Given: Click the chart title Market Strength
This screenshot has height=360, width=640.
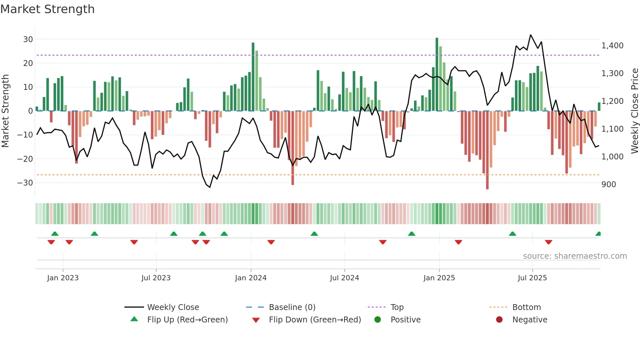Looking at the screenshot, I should (x=47, y=9).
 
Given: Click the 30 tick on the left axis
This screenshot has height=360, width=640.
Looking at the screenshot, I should (x=28, y=40).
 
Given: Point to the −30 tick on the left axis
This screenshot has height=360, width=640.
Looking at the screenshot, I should (x=25, y=183).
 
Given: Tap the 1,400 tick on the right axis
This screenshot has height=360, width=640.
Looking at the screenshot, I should (x=612, y=46).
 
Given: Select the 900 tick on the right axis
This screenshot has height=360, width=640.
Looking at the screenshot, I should (x=609, y=185).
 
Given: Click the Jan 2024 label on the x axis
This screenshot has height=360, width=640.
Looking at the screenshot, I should (x=250, y=278).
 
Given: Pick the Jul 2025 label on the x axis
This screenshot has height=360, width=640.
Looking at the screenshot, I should (x=532, y=278).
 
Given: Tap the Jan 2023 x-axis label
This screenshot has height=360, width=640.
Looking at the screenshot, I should (x=63, y=278).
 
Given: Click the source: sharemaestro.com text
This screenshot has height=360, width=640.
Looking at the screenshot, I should (x=575, y=256).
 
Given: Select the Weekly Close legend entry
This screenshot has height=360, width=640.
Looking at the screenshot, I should (x=173, y=307).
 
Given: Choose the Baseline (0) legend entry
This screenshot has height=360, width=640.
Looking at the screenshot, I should (x=292, y=307).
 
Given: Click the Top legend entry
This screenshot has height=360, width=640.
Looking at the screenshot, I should (x=397, y=307).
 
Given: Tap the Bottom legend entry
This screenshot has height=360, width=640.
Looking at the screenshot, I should (x=526, y=307).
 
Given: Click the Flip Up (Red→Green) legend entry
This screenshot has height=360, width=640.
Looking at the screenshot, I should (x=187, y=320).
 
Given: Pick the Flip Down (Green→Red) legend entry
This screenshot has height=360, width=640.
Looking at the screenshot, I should (x=315, y=320).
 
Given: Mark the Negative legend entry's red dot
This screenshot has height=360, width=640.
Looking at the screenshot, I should (x=499, y=320).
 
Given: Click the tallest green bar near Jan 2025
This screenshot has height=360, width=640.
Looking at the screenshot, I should (x=437, y=74).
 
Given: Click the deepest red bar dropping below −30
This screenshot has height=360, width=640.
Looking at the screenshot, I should (x=487, y=150).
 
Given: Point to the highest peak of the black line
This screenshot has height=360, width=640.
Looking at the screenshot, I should (x=531, y=35).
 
